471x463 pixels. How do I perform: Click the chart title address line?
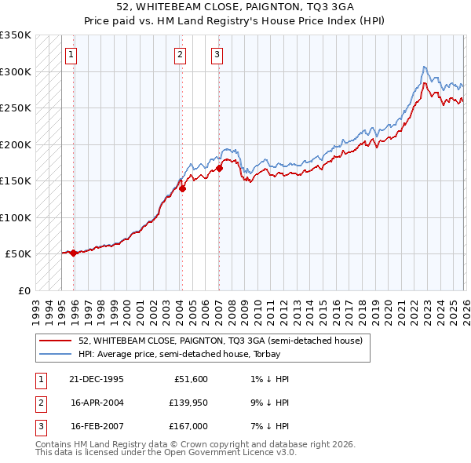[235, 8]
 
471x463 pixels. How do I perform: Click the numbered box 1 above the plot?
[71, 54]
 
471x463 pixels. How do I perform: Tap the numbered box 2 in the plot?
[180, 54]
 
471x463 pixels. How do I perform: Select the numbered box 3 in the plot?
[217, 54]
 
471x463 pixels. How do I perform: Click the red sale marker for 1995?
[73, 253]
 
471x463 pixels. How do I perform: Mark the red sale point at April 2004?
[181, 188]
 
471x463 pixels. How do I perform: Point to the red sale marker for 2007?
[219, 168]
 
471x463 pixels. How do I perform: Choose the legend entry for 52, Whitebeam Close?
[220, 341]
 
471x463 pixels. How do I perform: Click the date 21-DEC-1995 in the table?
[97, 379]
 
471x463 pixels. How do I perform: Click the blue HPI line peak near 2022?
[424, 67]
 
